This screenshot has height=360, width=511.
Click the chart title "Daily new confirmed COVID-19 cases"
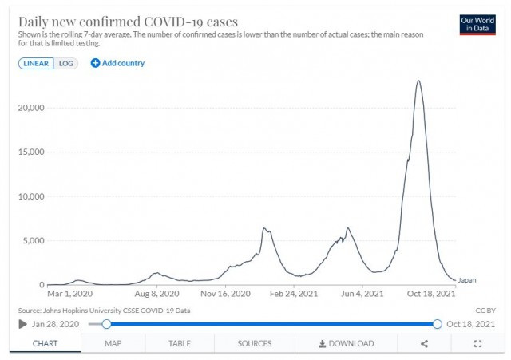coord(127,21)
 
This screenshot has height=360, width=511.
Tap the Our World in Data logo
coord(477,24)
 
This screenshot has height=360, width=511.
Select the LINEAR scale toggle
coord(36,63)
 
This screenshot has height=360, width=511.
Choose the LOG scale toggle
coord(66,63)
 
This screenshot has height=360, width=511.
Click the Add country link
coord(117,63)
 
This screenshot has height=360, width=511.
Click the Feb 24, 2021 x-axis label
coord(295,294)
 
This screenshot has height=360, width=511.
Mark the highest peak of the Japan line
coord(418,81)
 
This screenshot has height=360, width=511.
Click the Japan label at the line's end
coord(467,280)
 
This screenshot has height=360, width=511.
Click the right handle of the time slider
coord(437,324)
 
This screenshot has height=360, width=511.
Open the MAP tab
coord(113,343)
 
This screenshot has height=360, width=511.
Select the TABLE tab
coord(179,343)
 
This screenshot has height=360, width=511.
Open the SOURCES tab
coord(254,343)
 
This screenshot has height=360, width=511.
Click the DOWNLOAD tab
coord(346,343)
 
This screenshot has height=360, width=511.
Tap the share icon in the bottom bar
coord(424,343)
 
